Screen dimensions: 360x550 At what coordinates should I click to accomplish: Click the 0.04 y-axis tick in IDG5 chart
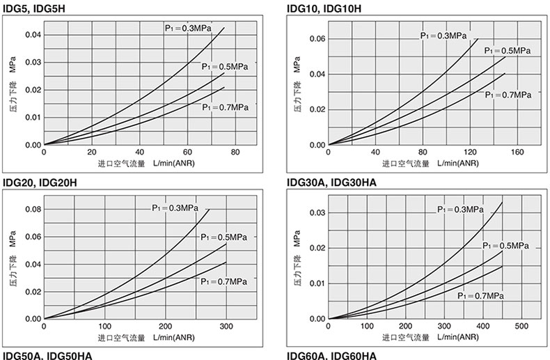click(33, 34)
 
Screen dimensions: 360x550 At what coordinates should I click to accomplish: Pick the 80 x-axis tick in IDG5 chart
click(235, 152)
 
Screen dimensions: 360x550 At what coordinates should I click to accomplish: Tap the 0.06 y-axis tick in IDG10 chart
click(317, 39)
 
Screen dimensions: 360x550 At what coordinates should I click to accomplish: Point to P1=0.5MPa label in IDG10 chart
click(507, 51)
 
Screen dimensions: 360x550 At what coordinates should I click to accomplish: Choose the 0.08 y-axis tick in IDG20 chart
click(33, 209)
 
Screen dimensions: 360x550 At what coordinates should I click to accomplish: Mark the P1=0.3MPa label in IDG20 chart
click(175, 208)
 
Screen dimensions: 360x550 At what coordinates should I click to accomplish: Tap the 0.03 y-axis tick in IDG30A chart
click(317, 212)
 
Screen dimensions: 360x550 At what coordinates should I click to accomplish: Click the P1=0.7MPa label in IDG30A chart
click(480, 295)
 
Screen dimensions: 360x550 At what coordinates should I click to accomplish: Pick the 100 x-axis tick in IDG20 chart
click(104, 327)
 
